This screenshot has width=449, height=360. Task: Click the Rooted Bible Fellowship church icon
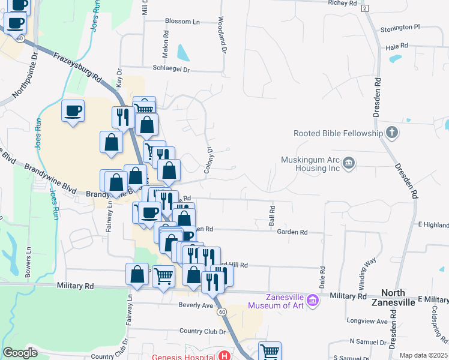click(391, 133)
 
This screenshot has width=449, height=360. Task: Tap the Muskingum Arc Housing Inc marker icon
click(349, 163)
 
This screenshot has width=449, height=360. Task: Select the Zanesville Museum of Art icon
click(312, 299)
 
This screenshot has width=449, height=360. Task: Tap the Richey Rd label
click(343, 3)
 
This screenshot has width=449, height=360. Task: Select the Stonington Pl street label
click(400, 27)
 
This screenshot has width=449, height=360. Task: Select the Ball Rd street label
click(272, 216)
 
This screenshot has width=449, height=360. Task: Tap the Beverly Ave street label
click(196, 305)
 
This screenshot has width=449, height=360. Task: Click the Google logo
click(20, 353)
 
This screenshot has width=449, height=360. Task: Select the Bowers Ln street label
click(28, 260)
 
